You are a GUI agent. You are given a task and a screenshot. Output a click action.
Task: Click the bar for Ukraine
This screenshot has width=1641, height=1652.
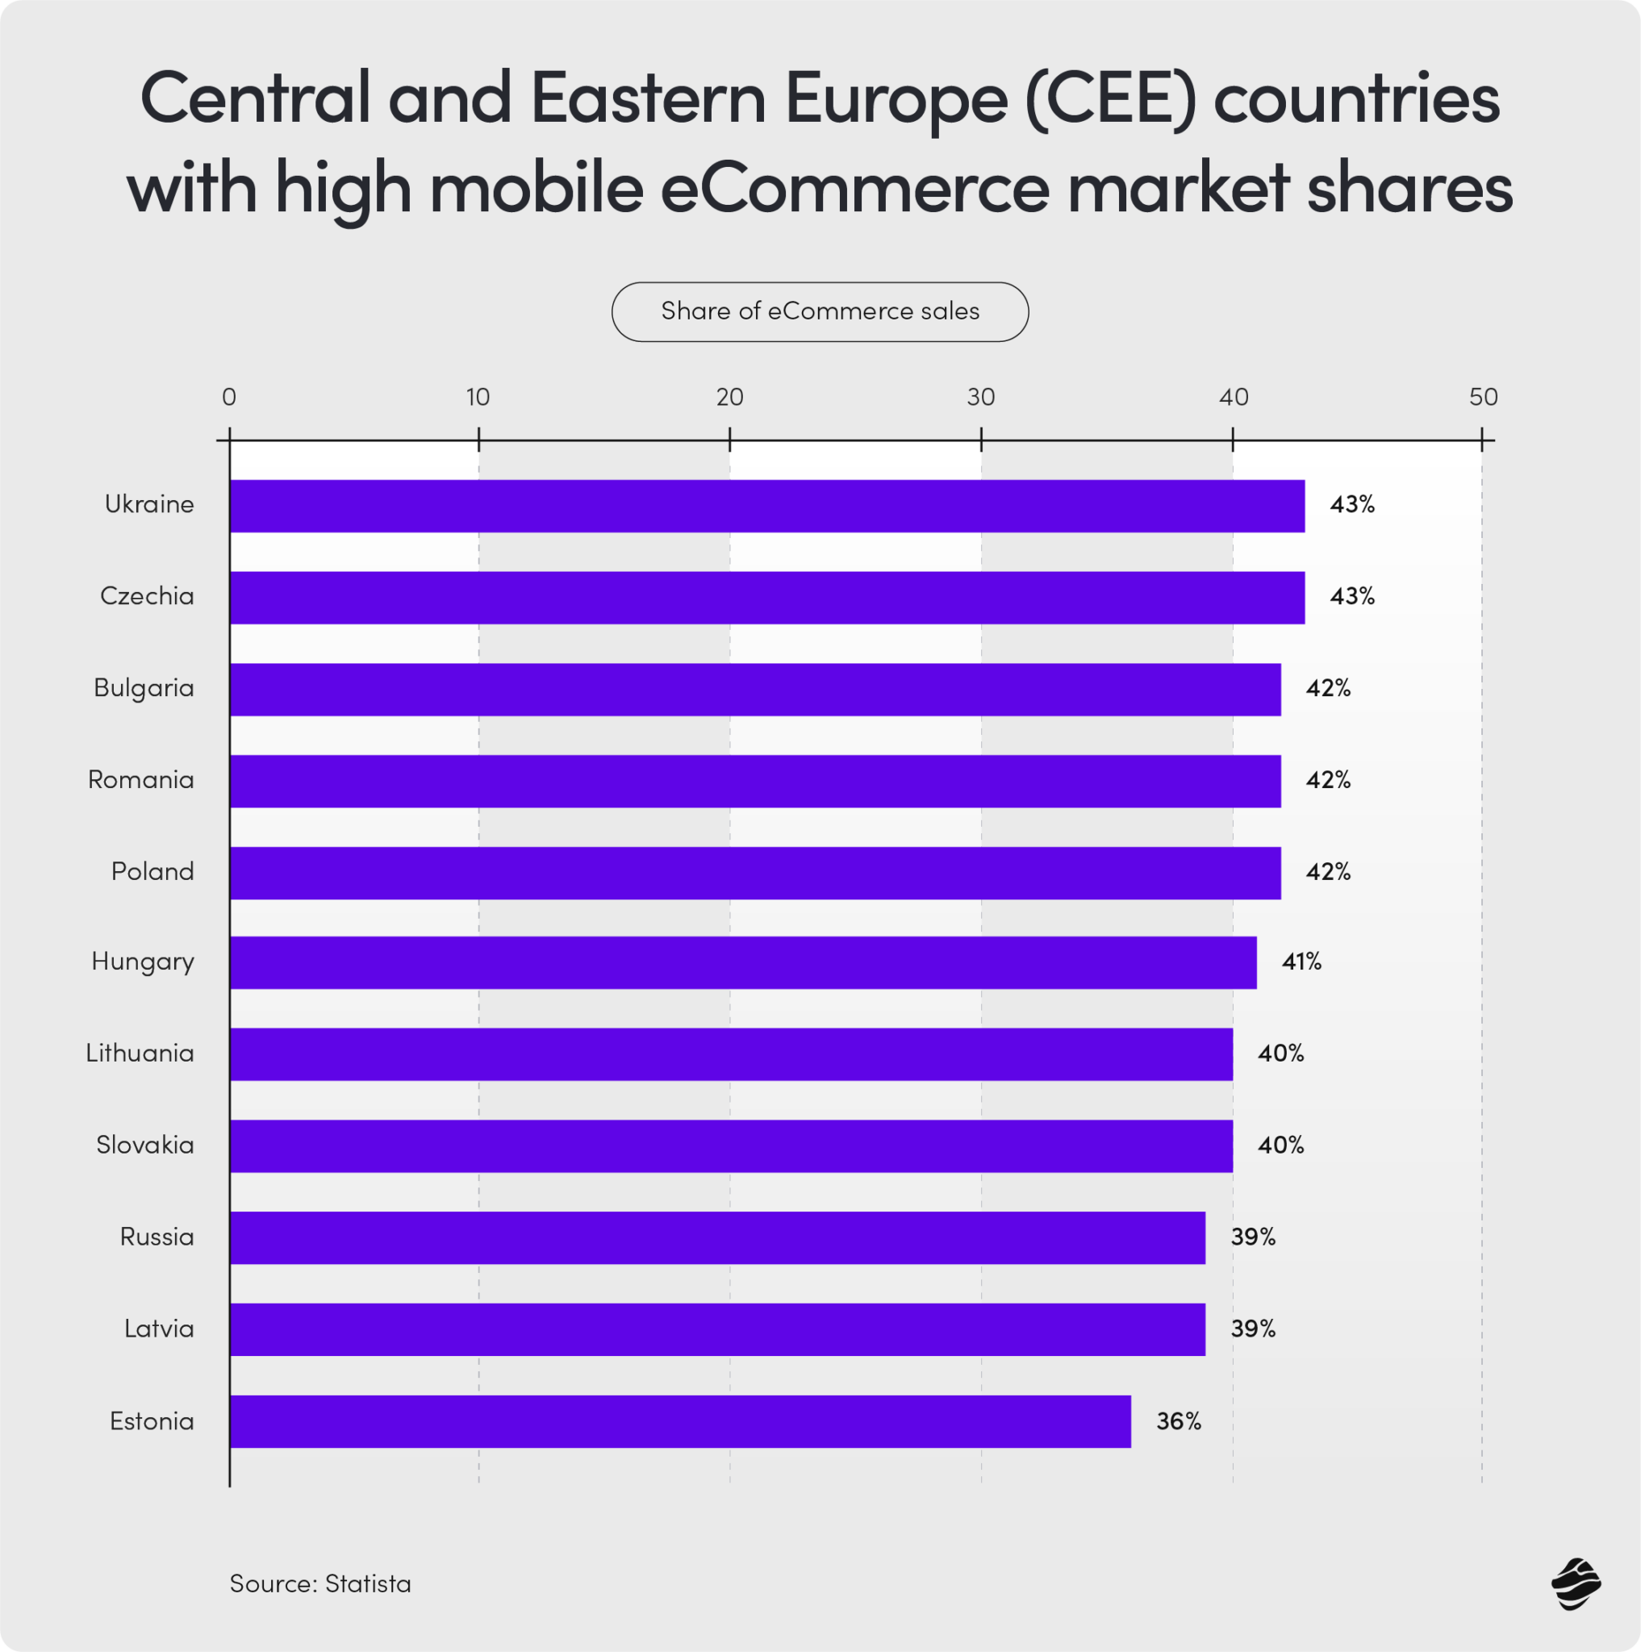(x=767, y=507)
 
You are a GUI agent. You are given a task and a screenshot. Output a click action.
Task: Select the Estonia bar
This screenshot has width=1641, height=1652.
(x=680, y=1422)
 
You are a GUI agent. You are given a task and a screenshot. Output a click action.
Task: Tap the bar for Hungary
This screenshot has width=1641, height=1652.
(x=743, y=963)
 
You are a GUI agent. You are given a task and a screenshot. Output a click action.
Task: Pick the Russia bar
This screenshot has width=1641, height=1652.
(x=717, y=1238)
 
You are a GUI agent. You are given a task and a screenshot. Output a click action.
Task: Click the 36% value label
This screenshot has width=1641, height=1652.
(x=1179, y=1422)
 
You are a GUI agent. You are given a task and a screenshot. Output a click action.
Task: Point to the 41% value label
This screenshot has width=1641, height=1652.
(x=1301, y=963)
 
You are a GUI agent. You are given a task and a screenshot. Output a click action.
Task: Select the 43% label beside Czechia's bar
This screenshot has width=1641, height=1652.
(x=1352, y=597)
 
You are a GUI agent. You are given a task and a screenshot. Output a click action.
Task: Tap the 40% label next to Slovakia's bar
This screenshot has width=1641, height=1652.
(x=1280, y=1145)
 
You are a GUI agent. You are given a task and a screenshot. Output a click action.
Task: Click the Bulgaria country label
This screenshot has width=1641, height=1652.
(x=144, y=688)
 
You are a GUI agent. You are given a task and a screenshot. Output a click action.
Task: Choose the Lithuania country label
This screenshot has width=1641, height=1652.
(x=140, y=1053)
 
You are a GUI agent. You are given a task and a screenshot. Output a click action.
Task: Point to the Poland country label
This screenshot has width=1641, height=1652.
(x=152, y=872)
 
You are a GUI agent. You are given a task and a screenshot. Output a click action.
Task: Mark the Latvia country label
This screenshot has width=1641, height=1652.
(x=159, y=1329)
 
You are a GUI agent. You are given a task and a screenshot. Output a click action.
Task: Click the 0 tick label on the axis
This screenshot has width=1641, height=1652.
(x=228, y=398)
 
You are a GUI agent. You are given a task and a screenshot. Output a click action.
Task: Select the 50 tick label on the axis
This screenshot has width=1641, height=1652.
(x=1484, y=398)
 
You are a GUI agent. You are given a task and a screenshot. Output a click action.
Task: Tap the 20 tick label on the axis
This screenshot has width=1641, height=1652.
(x=729, y=398)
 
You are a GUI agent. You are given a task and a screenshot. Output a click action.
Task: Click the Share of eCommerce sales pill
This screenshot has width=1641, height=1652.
(x=820, y=312)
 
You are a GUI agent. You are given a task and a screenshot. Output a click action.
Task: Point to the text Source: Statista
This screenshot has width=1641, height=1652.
(x=319, y=1584)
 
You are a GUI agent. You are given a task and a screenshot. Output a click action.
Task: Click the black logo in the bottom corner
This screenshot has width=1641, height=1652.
(x=1575, y=1584)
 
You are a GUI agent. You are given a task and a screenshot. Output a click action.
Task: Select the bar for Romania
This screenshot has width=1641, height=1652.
(x=755, y=782)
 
